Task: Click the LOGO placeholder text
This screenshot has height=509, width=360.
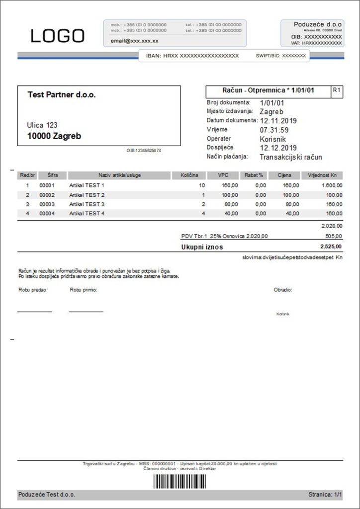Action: tap(58, 36)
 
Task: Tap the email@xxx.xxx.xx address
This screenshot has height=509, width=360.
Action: tap(134, 41)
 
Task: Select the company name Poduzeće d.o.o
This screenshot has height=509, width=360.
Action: tap(318, 24)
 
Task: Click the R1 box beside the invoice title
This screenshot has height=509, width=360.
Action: tap(337, 90)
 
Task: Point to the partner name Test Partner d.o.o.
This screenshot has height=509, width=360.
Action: tap(62, 94)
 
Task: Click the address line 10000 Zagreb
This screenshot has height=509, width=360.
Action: tap(54, 136)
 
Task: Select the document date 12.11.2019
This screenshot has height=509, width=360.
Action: tap(278, 120)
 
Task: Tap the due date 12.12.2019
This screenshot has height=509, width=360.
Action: tap(278, 148)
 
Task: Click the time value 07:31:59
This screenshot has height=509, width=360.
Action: tap(274, 130)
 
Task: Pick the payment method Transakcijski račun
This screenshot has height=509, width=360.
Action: tap(291, 157)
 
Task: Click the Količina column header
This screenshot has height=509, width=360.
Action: tap(189, 175)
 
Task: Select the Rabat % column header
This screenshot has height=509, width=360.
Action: tap(254, 175)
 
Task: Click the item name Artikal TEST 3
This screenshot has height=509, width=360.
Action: tap(87, 204)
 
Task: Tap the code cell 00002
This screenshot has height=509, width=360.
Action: tap(47, 195)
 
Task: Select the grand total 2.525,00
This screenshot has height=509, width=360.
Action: tap(331, 247)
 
